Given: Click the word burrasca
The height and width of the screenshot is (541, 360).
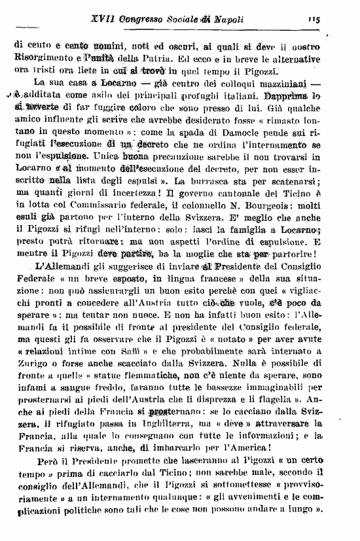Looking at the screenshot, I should pyautogui.click(x=225, y=184).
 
